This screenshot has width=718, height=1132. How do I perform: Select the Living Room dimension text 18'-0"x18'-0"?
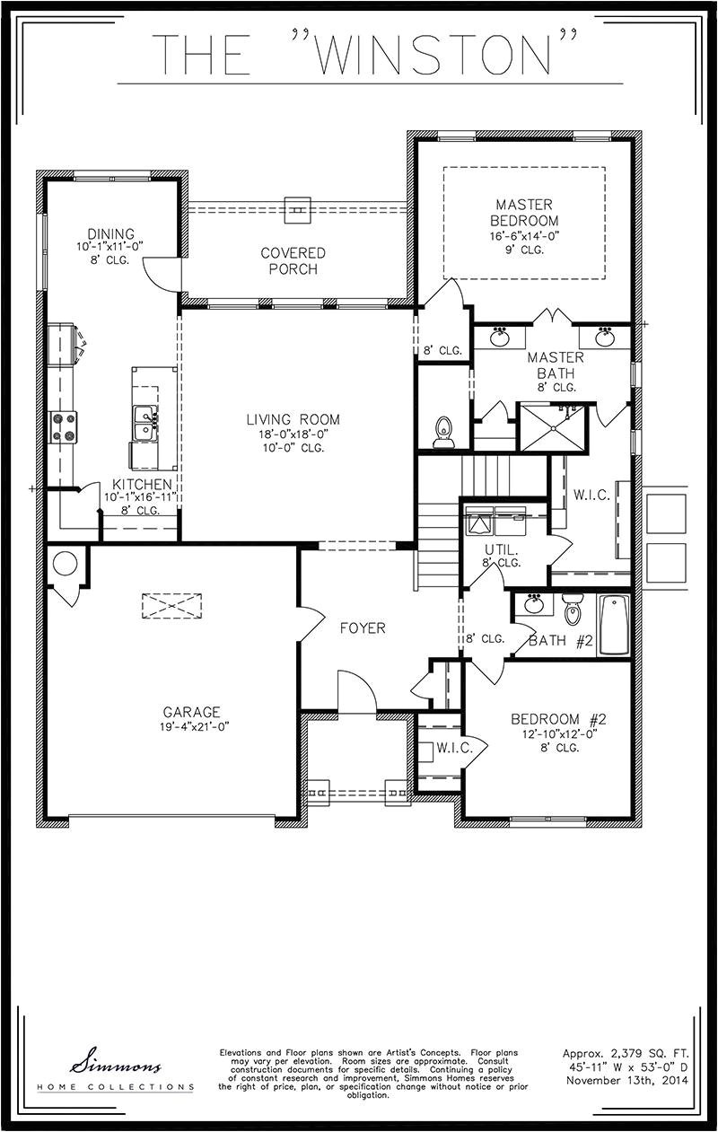[x=293, y=434]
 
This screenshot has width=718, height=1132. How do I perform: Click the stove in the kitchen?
[x=63, y=426]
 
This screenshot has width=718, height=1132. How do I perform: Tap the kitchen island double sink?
[x=144, y=423]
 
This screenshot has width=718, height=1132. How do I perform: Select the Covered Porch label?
[x=293, y=260]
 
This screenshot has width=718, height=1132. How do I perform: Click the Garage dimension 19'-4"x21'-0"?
[x=191, y=727]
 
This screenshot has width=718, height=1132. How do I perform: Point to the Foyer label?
[x=363, y=628]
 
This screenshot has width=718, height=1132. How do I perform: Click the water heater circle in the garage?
[x=65, y=564]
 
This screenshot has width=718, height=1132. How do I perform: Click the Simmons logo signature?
[x=117, y=1066]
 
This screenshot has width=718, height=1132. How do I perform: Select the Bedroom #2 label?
[x=559, y=719]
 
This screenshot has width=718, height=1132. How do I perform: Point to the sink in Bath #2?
[x=534, y=604]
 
